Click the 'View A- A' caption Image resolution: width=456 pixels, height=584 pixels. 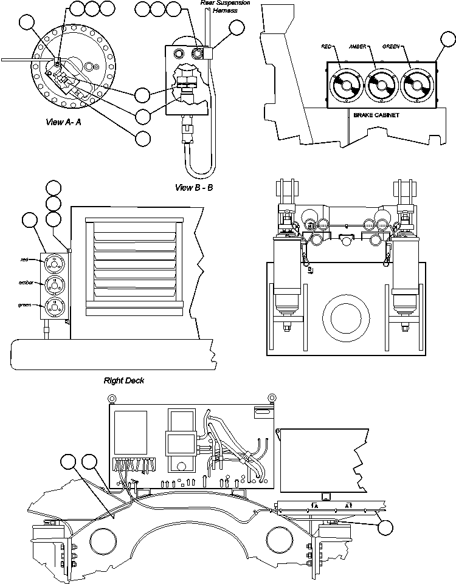coord(63,122)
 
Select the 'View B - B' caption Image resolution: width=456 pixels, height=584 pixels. coord(194,187)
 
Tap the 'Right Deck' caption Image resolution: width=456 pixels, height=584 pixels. coord(123,381)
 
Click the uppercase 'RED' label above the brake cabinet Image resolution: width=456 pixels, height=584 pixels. coord(326,46)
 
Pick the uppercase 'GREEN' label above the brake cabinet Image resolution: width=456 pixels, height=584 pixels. coord(390,46)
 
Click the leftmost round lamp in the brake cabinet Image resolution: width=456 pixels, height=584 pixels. coord(345,86)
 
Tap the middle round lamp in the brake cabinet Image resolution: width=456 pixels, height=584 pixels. coord(382,86)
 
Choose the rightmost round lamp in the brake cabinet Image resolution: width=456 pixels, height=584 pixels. coord(418,86)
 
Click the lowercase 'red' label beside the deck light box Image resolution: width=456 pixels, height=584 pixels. coord(24,259)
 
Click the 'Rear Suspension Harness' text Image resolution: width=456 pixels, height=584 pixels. coord(225,7)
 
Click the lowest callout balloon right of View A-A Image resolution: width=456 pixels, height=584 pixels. coord(143,138)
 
